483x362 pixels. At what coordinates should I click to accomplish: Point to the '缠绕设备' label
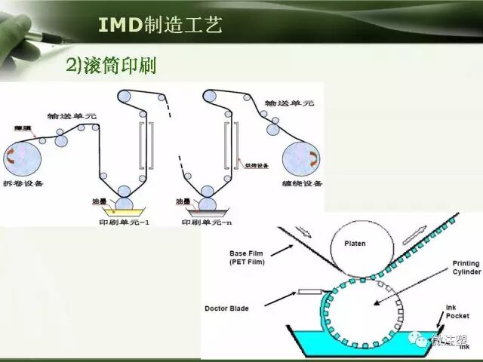point(303,183)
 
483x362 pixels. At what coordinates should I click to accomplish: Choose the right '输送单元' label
point(289,103)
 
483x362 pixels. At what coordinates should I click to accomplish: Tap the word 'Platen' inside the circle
point(355,244)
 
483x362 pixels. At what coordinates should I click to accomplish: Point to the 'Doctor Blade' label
point(228,308)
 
